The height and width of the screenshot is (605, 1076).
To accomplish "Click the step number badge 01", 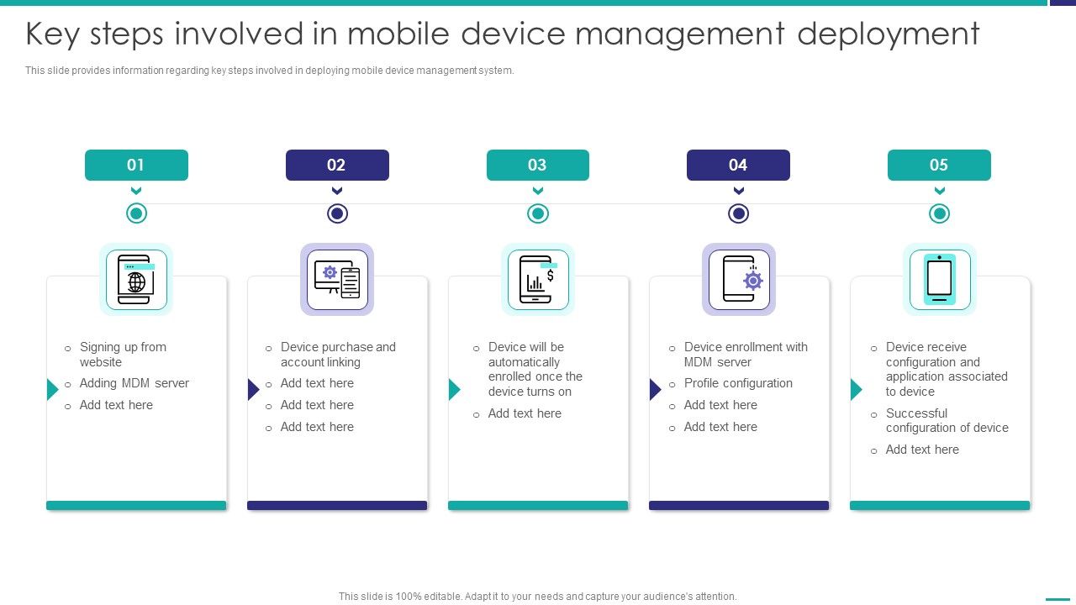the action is (136, 165).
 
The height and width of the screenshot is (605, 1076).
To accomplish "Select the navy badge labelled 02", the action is (337, 165).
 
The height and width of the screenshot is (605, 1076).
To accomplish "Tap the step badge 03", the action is (537, 165).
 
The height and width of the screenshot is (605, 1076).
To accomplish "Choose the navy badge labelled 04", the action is (738, 165).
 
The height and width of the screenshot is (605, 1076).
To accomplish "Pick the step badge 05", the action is (939, 165).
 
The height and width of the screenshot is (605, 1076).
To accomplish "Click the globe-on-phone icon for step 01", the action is (136, 279).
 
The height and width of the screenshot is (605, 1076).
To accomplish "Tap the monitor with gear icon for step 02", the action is (337, 279).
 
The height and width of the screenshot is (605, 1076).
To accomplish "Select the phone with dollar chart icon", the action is (538, 279).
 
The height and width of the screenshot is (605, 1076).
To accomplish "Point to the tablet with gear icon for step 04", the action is (739, 279).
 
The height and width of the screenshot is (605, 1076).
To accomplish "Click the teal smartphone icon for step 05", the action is (939, 279).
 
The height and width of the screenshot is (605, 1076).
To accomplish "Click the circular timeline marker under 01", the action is (136, 213).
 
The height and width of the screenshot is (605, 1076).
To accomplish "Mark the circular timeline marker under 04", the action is (739, 213).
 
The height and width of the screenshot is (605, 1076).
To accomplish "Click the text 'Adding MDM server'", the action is (134, 383).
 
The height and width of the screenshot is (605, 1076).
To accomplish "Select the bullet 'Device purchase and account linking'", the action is (338, 355).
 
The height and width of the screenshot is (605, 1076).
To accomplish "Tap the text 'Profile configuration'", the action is (738, 383).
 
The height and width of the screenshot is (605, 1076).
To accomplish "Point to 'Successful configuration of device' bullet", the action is (947, 420).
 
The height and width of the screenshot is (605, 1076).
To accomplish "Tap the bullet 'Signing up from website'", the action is (123, 355).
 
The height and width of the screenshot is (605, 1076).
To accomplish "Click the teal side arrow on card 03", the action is (454, 389).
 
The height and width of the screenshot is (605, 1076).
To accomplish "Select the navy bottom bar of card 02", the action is (337, 506).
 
